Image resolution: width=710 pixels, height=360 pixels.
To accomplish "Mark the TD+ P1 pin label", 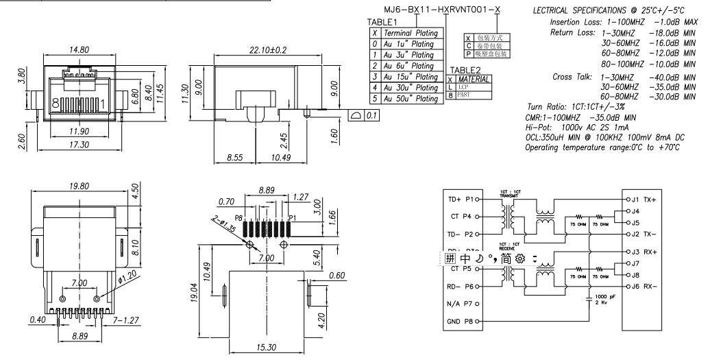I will (461, 200).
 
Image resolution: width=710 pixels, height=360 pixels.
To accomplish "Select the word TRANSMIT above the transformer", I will (510, 195).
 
